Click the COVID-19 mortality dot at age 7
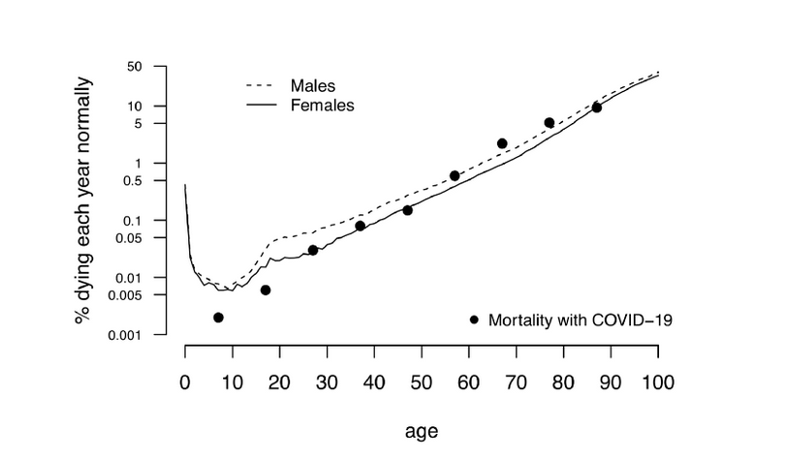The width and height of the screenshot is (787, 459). [218, 318]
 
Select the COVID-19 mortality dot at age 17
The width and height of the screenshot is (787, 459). [266, 290]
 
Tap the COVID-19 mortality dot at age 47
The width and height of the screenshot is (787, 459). [407, 210]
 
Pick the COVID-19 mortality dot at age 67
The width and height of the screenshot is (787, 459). [502, 143]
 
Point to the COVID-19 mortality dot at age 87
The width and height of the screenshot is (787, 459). [597, 107]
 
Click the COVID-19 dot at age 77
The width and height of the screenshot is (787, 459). [550, 123]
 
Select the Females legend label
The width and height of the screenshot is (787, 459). [322, 104]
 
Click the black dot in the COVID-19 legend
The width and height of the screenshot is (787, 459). [474, 320]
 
